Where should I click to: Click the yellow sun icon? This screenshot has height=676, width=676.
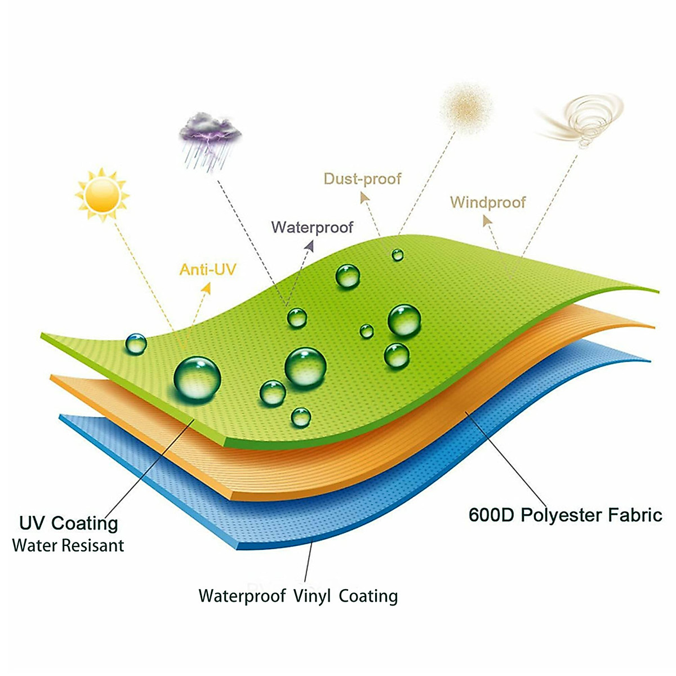[x=102, y=194]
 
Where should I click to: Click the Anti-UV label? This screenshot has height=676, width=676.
[x=207, y=269]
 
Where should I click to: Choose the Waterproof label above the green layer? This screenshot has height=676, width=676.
[x=312, y=227]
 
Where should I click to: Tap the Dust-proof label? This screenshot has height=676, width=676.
[x=362, y=179]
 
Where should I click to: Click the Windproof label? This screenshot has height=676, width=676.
[x=487, y=202]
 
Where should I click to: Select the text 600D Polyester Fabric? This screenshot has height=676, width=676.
[x=565, y=515]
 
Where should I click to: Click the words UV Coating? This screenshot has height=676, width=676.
[x=69, y=523]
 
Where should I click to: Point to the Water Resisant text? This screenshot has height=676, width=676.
[x=68, y=545]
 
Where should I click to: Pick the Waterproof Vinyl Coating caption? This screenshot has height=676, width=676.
[x=298, y=596]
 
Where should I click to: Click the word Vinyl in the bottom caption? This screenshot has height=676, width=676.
[x=312, y=596]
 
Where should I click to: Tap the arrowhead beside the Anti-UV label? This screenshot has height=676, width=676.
[x=207, y=288]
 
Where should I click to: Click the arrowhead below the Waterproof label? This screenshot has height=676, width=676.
[x=309, y=246]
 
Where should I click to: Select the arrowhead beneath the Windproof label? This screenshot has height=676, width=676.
[x=487, y=220]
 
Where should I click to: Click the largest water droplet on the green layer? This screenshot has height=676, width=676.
[x=197, y=379]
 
